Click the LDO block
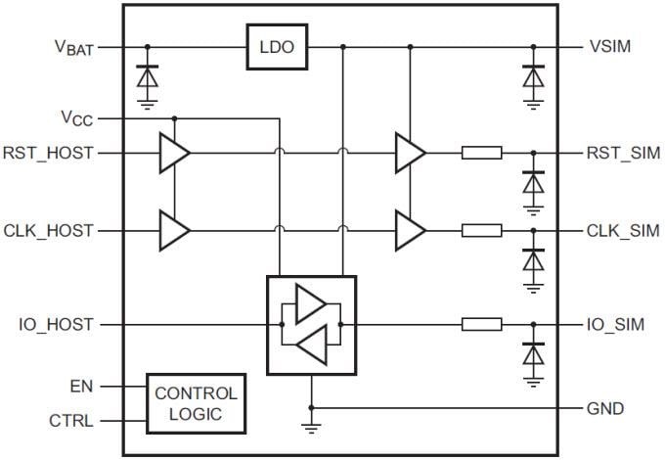(276, 47)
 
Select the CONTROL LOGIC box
(196, 403)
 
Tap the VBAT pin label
(74, 47)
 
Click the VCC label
(76, 118)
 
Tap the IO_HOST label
(56, 324)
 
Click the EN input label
(81, 387)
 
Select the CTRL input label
(70, 422)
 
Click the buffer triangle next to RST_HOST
(173, 153)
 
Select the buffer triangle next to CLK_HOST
(173, 231)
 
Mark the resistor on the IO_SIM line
(481, 324)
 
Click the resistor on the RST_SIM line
(481, 153)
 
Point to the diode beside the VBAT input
(147, 76)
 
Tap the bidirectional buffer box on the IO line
(311, 324)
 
